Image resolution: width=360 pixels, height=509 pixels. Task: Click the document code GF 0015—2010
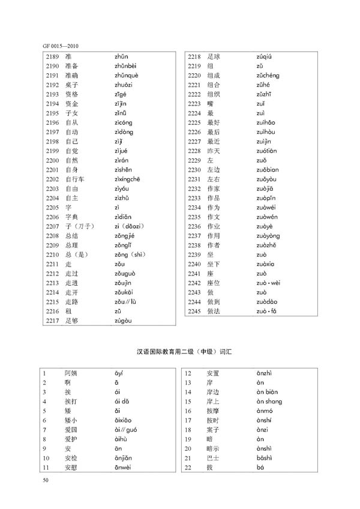click(x=61, y=46)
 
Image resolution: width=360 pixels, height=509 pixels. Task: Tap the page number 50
click(x=46, y=480)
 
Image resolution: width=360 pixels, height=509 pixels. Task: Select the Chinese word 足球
click(x=213, y=56)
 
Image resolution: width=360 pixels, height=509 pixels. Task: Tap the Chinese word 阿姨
click(x=70, y=373)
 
